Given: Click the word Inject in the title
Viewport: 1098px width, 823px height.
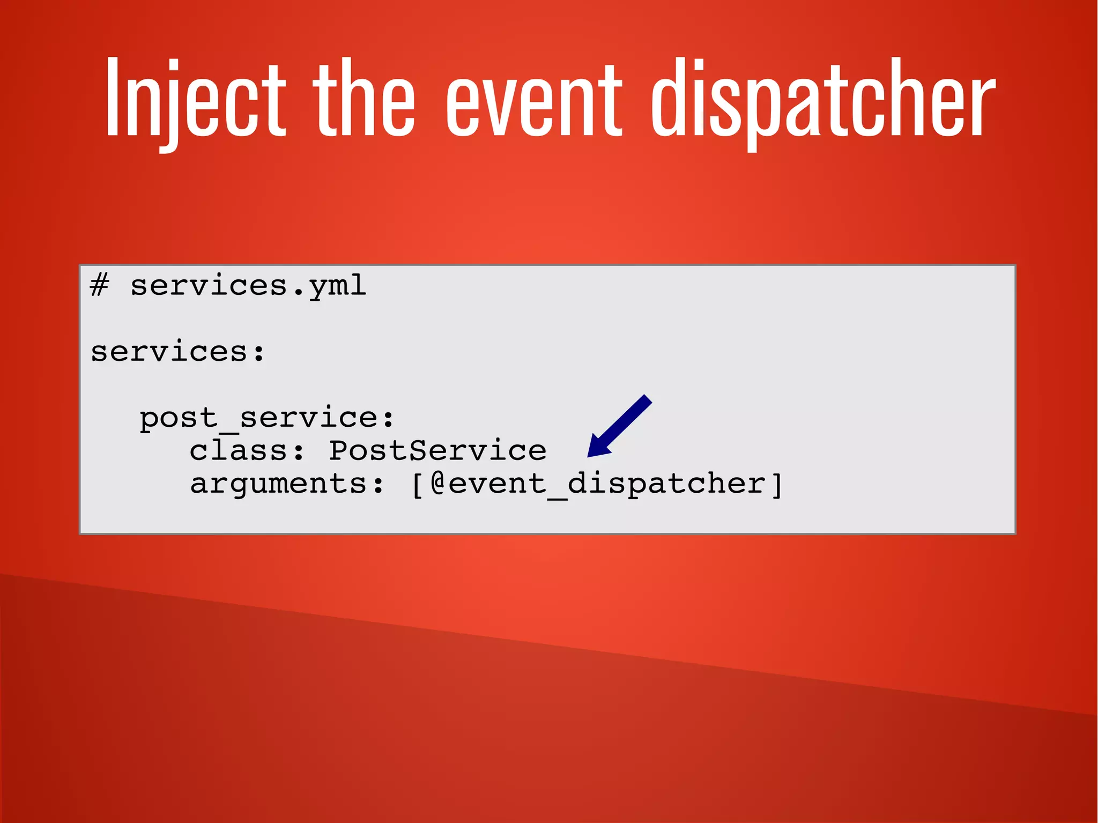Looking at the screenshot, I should [x=196, y=99].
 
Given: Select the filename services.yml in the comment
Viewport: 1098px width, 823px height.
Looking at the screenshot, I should [x=248, y=286].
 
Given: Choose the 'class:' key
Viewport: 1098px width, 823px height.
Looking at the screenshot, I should [x=247, y=450].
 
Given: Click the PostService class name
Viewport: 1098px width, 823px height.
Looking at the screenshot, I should [x=437, y=450].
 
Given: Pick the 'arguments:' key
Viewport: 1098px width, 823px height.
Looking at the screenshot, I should [x=287, y=484].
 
